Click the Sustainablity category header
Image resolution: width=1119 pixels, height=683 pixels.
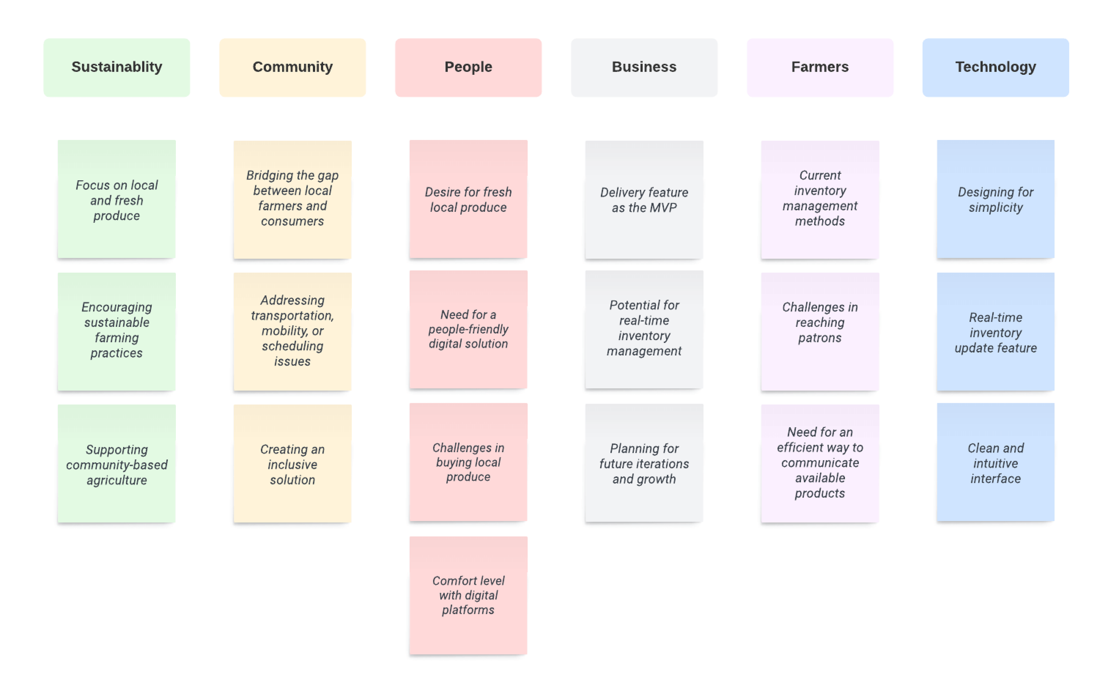(117, 67)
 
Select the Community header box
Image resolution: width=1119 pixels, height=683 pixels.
(292, 67)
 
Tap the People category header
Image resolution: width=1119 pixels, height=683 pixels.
(468, 67)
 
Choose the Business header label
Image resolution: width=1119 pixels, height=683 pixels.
(644, 67)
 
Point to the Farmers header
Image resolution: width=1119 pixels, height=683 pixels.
(820, 67)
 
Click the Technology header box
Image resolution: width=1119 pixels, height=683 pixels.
(995, 67)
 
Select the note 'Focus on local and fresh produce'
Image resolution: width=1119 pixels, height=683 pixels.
(117, 200)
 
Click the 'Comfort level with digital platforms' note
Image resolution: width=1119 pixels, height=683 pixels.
(468, 595)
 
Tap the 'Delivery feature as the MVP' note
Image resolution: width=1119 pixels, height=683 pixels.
(644, 200)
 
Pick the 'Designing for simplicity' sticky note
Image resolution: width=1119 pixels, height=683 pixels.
(995, 200)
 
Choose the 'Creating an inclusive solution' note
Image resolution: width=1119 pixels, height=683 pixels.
(292, 464)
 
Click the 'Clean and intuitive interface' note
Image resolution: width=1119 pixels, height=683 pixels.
(995, 463)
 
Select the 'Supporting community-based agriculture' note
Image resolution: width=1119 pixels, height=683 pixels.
(117, 464)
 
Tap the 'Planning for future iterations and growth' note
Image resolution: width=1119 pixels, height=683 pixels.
(644, 463)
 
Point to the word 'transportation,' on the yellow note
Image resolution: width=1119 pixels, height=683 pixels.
(292, 316)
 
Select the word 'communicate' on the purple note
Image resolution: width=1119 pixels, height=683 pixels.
(820, 463)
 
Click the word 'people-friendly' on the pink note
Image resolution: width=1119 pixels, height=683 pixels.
(468, 329)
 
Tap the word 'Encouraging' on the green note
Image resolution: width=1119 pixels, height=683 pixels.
(117, 307)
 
